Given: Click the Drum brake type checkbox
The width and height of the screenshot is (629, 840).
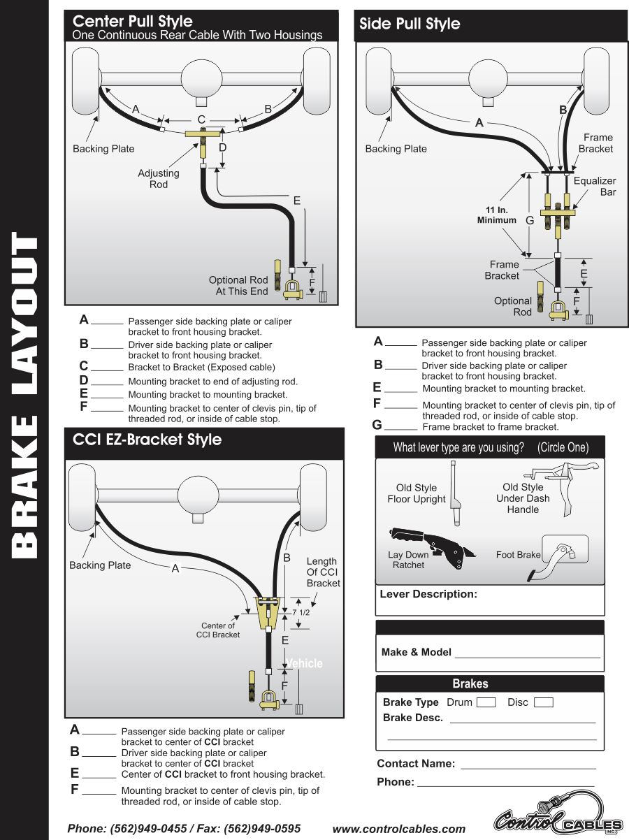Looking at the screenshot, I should click(486, 702).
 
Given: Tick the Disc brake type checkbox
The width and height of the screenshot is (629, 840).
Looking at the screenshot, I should click(543, 702).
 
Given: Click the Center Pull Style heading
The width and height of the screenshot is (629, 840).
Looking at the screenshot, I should click(133, 22).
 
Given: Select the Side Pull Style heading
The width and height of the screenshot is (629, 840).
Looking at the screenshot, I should click(410, 24).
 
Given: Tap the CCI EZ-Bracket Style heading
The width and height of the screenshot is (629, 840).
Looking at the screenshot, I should click(147, 440).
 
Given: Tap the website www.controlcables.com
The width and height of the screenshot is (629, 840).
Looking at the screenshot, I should click(399, 829).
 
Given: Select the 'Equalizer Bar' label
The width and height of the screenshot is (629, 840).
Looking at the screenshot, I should click(595, 186).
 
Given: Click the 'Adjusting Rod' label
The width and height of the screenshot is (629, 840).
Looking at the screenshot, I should click(159, 179).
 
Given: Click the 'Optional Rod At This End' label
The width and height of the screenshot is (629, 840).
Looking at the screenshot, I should click(238, 285).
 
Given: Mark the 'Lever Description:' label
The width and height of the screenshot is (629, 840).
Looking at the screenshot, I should click(428, 594).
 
